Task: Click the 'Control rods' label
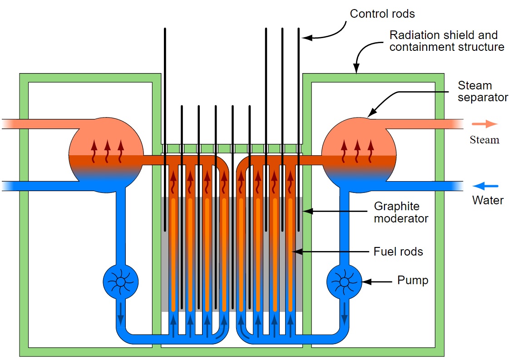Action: pos(382,14)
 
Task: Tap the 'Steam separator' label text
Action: pos(483,91)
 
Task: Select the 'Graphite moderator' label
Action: pos(401,212)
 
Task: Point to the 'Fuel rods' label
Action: pos(398,252)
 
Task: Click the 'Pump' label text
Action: pos(413,280)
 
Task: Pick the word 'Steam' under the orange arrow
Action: pos(484,140)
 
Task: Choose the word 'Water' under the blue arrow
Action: pos(488,200)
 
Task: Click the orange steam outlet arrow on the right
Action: pos(484,124)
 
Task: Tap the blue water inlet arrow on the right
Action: pos(485,186)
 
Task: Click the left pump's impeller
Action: pos(121,282)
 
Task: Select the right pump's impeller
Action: pos(344,282)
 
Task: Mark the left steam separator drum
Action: pos(106,155)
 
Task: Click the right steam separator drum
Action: pos(359,155)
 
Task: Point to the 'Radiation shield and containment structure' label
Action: pos(447,41)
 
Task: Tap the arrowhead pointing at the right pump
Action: pos(367,281)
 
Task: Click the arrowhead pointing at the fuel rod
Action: pos(297,252)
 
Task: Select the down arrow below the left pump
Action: pos(121,314)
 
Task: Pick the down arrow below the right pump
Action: pos(344,314)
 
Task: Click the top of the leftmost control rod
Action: pos(165,29)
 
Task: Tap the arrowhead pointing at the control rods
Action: pos(307,37)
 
